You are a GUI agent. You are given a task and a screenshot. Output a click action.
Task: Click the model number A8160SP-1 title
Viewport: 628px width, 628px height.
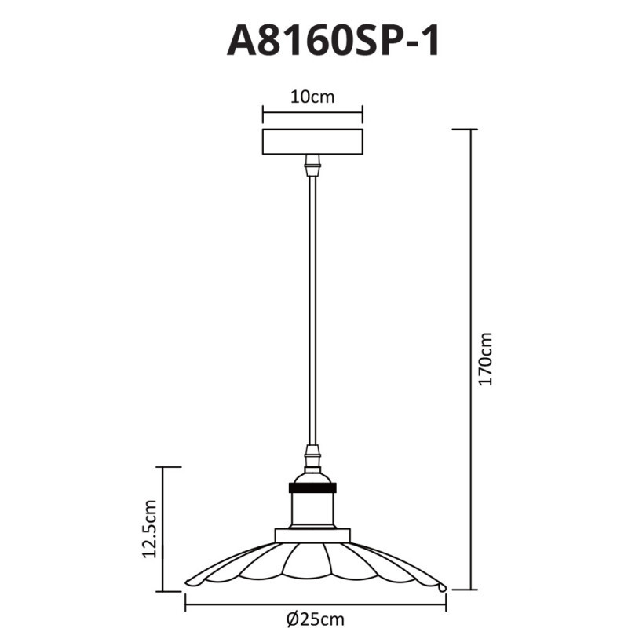point(334,40)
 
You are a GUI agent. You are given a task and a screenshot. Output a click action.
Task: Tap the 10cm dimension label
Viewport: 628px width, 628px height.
point(312,97)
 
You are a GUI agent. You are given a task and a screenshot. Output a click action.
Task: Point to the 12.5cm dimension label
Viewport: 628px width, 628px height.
point(151,528)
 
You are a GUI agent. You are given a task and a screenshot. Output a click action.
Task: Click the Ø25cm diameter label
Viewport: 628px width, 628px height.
point(316,619)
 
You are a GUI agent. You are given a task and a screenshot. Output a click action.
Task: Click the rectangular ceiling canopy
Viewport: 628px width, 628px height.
point(312,142)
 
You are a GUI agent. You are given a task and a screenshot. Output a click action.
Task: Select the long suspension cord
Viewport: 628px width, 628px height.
point(312,314)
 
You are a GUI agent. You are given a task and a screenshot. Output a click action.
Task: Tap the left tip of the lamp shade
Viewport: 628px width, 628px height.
point(190,582)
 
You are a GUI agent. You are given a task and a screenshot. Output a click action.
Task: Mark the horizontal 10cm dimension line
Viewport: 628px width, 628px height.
point(312,112)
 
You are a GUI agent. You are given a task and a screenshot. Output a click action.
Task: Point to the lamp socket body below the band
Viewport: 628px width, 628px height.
point(312,509)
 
